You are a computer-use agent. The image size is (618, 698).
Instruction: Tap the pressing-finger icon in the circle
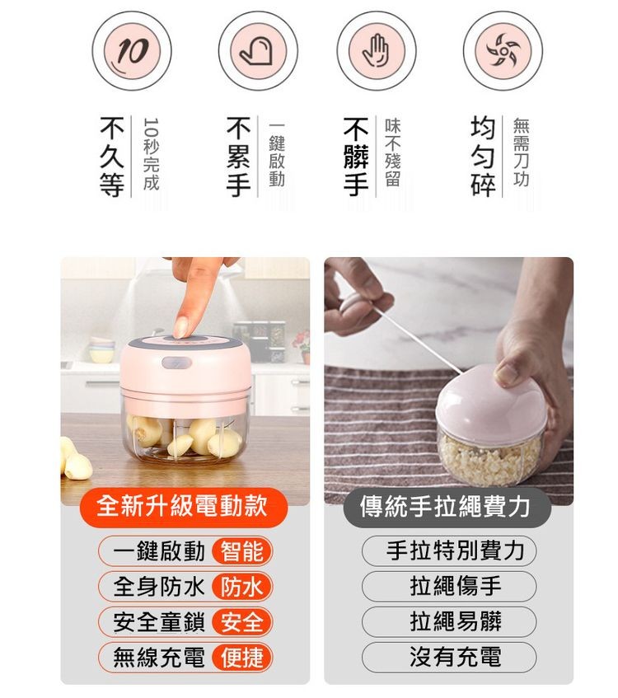pyautogui.click(x=257, y=51)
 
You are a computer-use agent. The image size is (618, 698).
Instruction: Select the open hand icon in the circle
pyautogui.click(x=377, y=51)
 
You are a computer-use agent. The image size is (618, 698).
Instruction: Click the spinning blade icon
pyautogui.click(x=503, y=51)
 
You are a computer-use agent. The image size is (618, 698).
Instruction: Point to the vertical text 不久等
pyautogui.click(x=112, y=157)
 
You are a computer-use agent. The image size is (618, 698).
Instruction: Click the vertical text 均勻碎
pyautogui.click(x=484, y=157)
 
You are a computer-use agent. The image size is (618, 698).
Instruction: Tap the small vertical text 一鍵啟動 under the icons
pyautogui.click(x=276, y=155)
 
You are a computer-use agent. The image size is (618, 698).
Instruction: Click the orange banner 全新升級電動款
pyautogui.click(x=183, y=505)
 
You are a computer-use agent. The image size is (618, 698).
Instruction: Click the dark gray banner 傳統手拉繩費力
pyautogui.click(x=446, y=505)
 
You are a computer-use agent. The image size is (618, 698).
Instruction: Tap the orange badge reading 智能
pyautogui.click(x=242, y=551)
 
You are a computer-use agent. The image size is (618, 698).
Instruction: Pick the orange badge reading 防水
pyautogui.click(x=242, y=587)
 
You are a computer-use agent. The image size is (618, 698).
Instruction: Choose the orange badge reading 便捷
pyautogui.click(x=242, y=658)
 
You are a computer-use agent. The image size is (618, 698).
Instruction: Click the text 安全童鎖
pyautogui.click(x=159, y=622)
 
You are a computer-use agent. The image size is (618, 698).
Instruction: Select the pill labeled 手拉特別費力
pyautogui.click(x=448, y=551)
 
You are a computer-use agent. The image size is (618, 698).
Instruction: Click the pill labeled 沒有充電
pyautogui.click(x=448, y=658)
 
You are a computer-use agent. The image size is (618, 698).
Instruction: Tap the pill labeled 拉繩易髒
pyautogui.click(x=448, y=622)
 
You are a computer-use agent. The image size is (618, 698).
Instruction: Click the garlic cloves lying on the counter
pyautogui.click(x=77, y=461)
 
